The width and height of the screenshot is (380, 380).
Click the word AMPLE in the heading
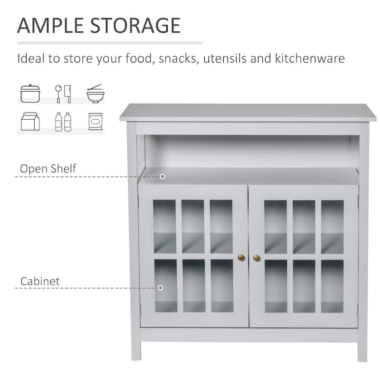point(51,26)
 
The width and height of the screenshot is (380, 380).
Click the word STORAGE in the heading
point(135,26)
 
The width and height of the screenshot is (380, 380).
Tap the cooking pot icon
point(30,94)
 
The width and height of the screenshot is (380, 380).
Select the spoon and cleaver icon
point(63,94)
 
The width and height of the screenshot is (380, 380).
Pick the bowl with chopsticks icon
point(95,94)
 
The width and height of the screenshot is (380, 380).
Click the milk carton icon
point(30,122)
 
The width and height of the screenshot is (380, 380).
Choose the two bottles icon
point(63,122)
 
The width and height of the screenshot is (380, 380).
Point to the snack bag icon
point(95,122)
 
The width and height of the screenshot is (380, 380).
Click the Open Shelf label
point(48,169)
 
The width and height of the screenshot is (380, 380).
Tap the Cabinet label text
point(40,281)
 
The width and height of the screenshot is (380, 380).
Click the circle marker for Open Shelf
point(162,176)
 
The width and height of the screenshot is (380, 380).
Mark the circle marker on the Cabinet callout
point(161,288)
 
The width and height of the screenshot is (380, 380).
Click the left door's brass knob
point(241,257)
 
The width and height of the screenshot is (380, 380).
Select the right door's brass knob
point(256,258)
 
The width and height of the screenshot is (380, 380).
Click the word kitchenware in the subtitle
point(310,58)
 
